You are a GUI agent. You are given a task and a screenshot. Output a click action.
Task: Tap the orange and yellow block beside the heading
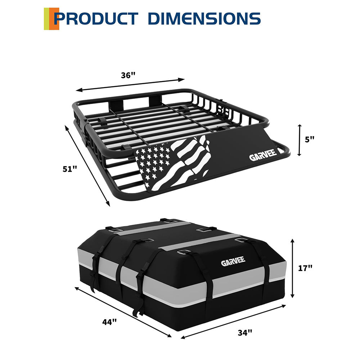click(x=51, y=18)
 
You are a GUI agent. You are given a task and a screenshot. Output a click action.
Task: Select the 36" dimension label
click(x=128, y=75)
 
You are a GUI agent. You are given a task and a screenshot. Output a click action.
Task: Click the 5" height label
click(x=309, y=139)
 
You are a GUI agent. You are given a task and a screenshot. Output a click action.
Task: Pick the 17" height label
click(x=305, y=267)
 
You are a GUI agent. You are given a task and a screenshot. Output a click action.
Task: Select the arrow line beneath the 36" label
click(x=130, y=85)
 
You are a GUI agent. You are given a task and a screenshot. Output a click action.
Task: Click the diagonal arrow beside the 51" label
click(x=87, y=166)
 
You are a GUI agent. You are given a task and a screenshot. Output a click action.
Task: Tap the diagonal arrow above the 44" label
click(x=123, y=312)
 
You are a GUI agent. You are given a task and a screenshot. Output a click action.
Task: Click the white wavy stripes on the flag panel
click(x=187, y=162)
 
